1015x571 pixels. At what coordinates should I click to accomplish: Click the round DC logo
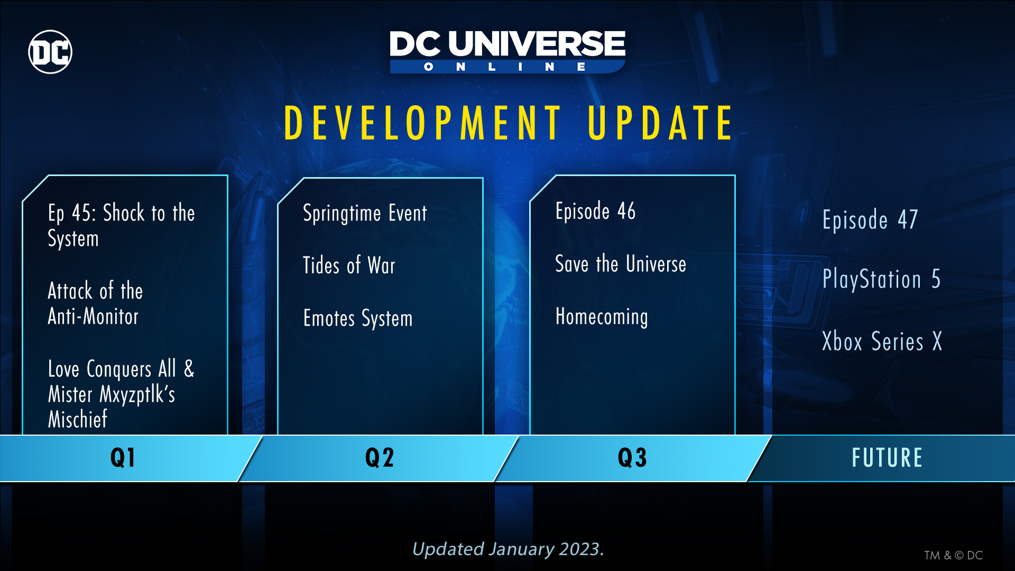(50, 52)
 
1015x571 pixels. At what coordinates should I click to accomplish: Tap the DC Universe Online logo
(508, 52)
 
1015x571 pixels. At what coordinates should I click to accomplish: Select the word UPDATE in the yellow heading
(660, 123)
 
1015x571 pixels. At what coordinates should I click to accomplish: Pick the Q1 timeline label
(123, 457)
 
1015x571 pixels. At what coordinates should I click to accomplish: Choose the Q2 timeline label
(380, 457)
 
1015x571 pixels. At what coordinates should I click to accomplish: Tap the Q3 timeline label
(632, 457)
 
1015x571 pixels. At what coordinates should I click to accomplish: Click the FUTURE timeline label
(887, 457)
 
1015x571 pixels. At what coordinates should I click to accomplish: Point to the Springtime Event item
(365, 213)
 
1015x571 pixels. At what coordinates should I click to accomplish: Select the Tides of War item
(349, 265)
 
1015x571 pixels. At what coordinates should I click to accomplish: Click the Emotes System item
(358, 318)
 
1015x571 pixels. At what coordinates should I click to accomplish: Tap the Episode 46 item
(595, 211)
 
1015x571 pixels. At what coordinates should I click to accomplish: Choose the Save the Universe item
(621, 263)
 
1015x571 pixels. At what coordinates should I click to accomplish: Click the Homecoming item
(602, 317)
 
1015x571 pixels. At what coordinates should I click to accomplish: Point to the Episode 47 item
(870, 220)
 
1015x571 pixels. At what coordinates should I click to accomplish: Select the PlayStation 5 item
(881, 279)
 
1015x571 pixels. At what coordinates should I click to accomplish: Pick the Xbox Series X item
(882, 341)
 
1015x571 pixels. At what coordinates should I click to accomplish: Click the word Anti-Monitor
(93, 316)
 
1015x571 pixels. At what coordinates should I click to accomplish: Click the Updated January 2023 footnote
(508, 549)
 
